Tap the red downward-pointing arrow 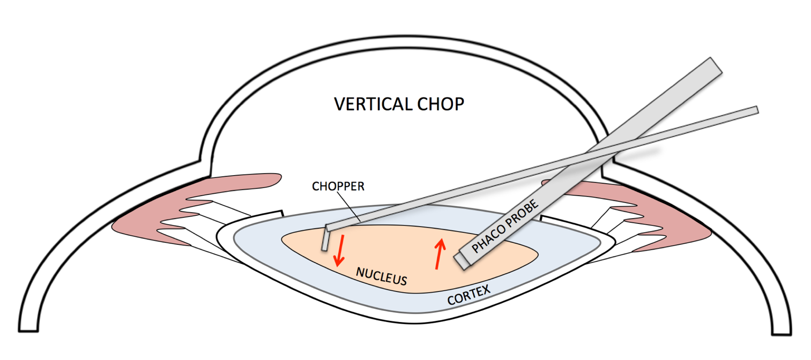(338, 252)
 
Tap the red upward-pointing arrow (440, 254)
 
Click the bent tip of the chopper (325, 238)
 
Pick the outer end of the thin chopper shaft (755, 110)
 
